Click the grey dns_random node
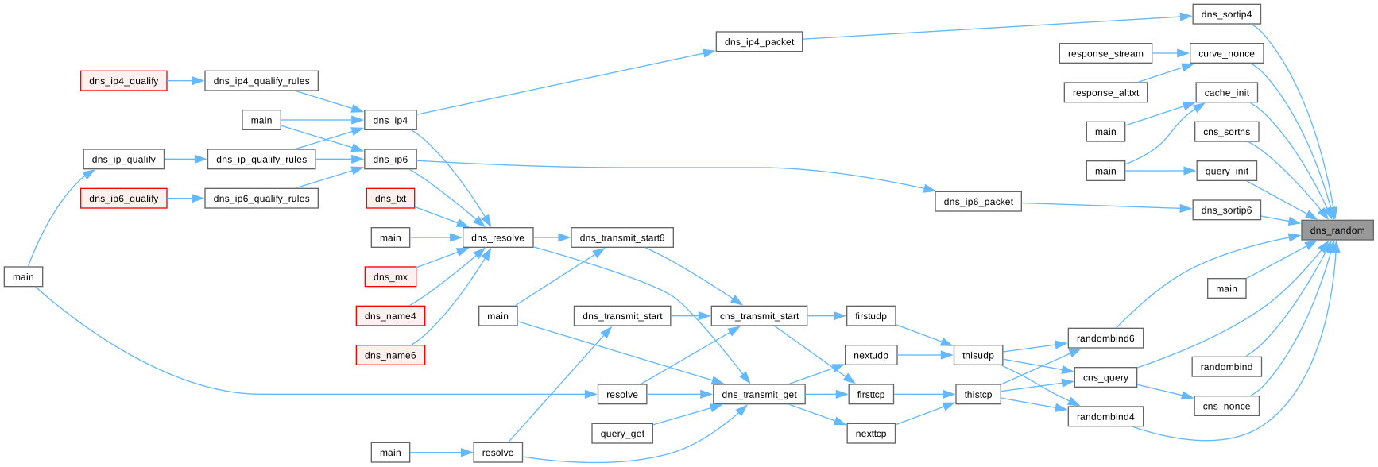tap(1337, 230)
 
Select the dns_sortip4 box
tap(1226, 14)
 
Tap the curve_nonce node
tap(1226, 53)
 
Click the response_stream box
tap(1105, 53)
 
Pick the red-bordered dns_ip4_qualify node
tap(124, 81)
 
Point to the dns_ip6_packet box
tap(978, 202)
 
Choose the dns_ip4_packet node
tap(759, 42)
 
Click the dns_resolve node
tap(497, 237)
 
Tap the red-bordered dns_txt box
tap(390, 199)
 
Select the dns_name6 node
tap(390, 355)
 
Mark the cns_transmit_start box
tap(759, 316)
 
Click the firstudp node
tap(871, 316)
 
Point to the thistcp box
tap(978, 395)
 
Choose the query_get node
tap(622, 434)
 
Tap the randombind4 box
tap(1105, 417)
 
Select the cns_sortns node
tap(1226, 132)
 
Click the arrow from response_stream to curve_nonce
tap(1171, 53)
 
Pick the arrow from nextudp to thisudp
tap(926, 355)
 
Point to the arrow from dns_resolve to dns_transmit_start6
tap(552, 237)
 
